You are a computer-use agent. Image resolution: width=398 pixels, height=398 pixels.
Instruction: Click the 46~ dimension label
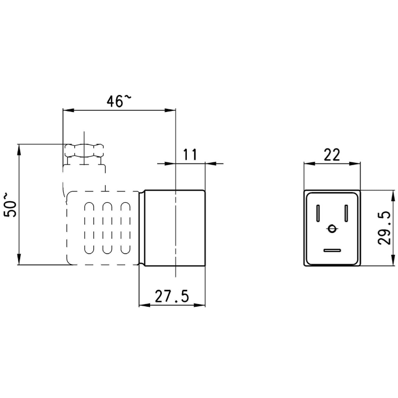pos(118,101)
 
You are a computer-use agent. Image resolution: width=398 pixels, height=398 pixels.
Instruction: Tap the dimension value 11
pos(190,154)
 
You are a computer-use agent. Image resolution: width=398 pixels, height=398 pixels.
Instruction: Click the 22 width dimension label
pos(332,154)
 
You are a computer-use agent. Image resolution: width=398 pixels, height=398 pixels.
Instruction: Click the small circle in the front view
pos(332,229)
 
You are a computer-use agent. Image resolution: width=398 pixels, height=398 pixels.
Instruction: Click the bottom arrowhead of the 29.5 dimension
pos(393,262)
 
